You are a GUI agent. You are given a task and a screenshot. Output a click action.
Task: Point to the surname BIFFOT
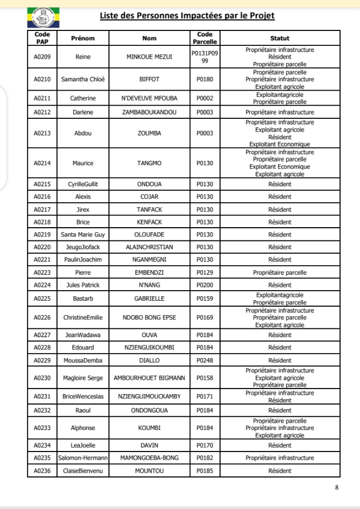point(149,79)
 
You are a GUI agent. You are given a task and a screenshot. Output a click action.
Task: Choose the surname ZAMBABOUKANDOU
point(149,112)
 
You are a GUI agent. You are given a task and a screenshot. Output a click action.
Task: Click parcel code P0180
point(206,79)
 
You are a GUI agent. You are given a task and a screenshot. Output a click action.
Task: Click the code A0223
point(42,272)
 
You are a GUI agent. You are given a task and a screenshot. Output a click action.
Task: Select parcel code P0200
point(206,285)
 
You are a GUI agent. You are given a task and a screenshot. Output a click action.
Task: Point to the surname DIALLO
point(149,360)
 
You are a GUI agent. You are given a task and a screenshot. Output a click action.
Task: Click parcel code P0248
point(206,360)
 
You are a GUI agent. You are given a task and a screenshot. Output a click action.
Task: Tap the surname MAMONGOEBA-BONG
point(149,458)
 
